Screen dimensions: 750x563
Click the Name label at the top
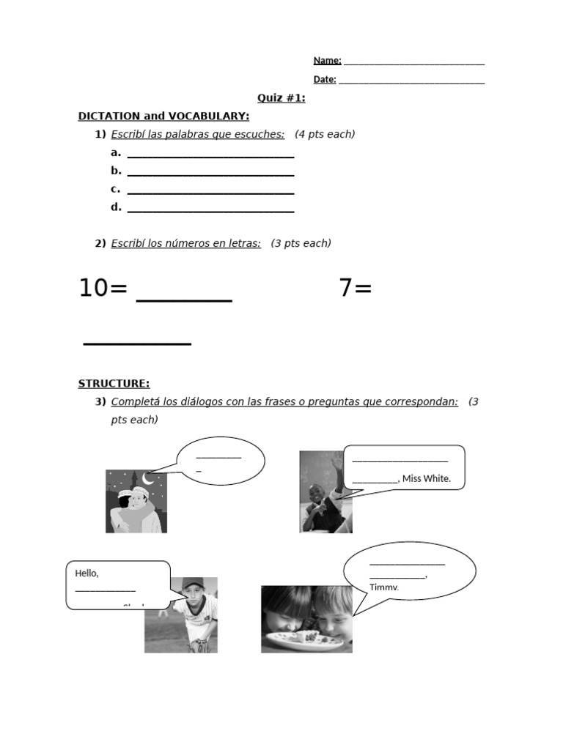click(327, 60)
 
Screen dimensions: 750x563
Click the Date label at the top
click(325, 79)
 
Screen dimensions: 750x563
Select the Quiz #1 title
click(281, 98)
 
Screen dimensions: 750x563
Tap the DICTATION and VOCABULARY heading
click(163, 116)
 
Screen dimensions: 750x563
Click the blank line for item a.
click(210, 155)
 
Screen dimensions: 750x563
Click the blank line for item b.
click(210, 173)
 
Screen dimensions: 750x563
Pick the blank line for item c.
click(210, 191)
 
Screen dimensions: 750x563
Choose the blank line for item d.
click(210, 209)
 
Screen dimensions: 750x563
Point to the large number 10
click(93, 289)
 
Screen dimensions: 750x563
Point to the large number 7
click(347, 289)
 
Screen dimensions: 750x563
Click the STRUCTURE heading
click(114, 383)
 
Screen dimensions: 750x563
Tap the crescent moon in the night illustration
click(149, 478)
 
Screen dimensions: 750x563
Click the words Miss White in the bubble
click(427, 479)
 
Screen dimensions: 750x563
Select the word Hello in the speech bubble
click(87, 573)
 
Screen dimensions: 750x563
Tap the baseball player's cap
click(192, 584)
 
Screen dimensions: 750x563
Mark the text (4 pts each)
click(325, 134)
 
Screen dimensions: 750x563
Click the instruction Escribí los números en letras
click(185, 243)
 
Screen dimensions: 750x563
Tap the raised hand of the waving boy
click(336, 464)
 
